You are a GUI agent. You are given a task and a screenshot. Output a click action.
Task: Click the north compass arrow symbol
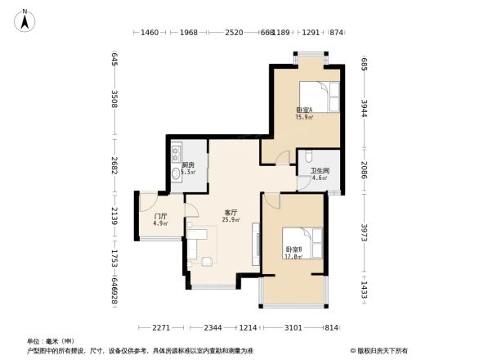[x=26, y=19]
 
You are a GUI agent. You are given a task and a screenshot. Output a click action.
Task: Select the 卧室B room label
[x=294, y=250]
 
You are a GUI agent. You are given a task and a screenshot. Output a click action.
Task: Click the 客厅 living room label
[x=231, y=213]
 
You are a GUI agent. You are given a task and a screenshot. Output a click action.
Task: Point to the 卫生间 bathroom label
[x=320, y=170]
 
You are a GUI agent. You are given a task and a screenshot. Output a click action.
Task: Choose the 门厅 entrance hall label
[x=161, y=217]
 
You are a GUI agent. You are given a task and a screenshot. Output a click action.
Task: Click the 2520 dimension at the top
[x=234, y=33]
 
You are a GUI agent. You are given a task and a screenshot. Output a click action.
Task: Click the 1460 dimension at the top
[x=149, y=33]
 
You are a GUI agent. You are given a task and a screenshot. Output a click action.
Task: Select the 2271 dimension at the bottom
[x=160, y=328]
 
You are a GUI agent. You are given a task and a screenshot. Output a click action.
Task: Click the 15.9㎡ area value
[x=303, y=117]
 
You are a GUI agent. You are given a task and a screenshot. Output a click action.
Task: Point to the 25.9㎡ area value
[x=231, y=220]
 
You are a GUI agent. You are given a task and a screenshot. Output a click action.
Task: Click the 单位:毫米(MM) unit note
[x=51, y=341]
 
